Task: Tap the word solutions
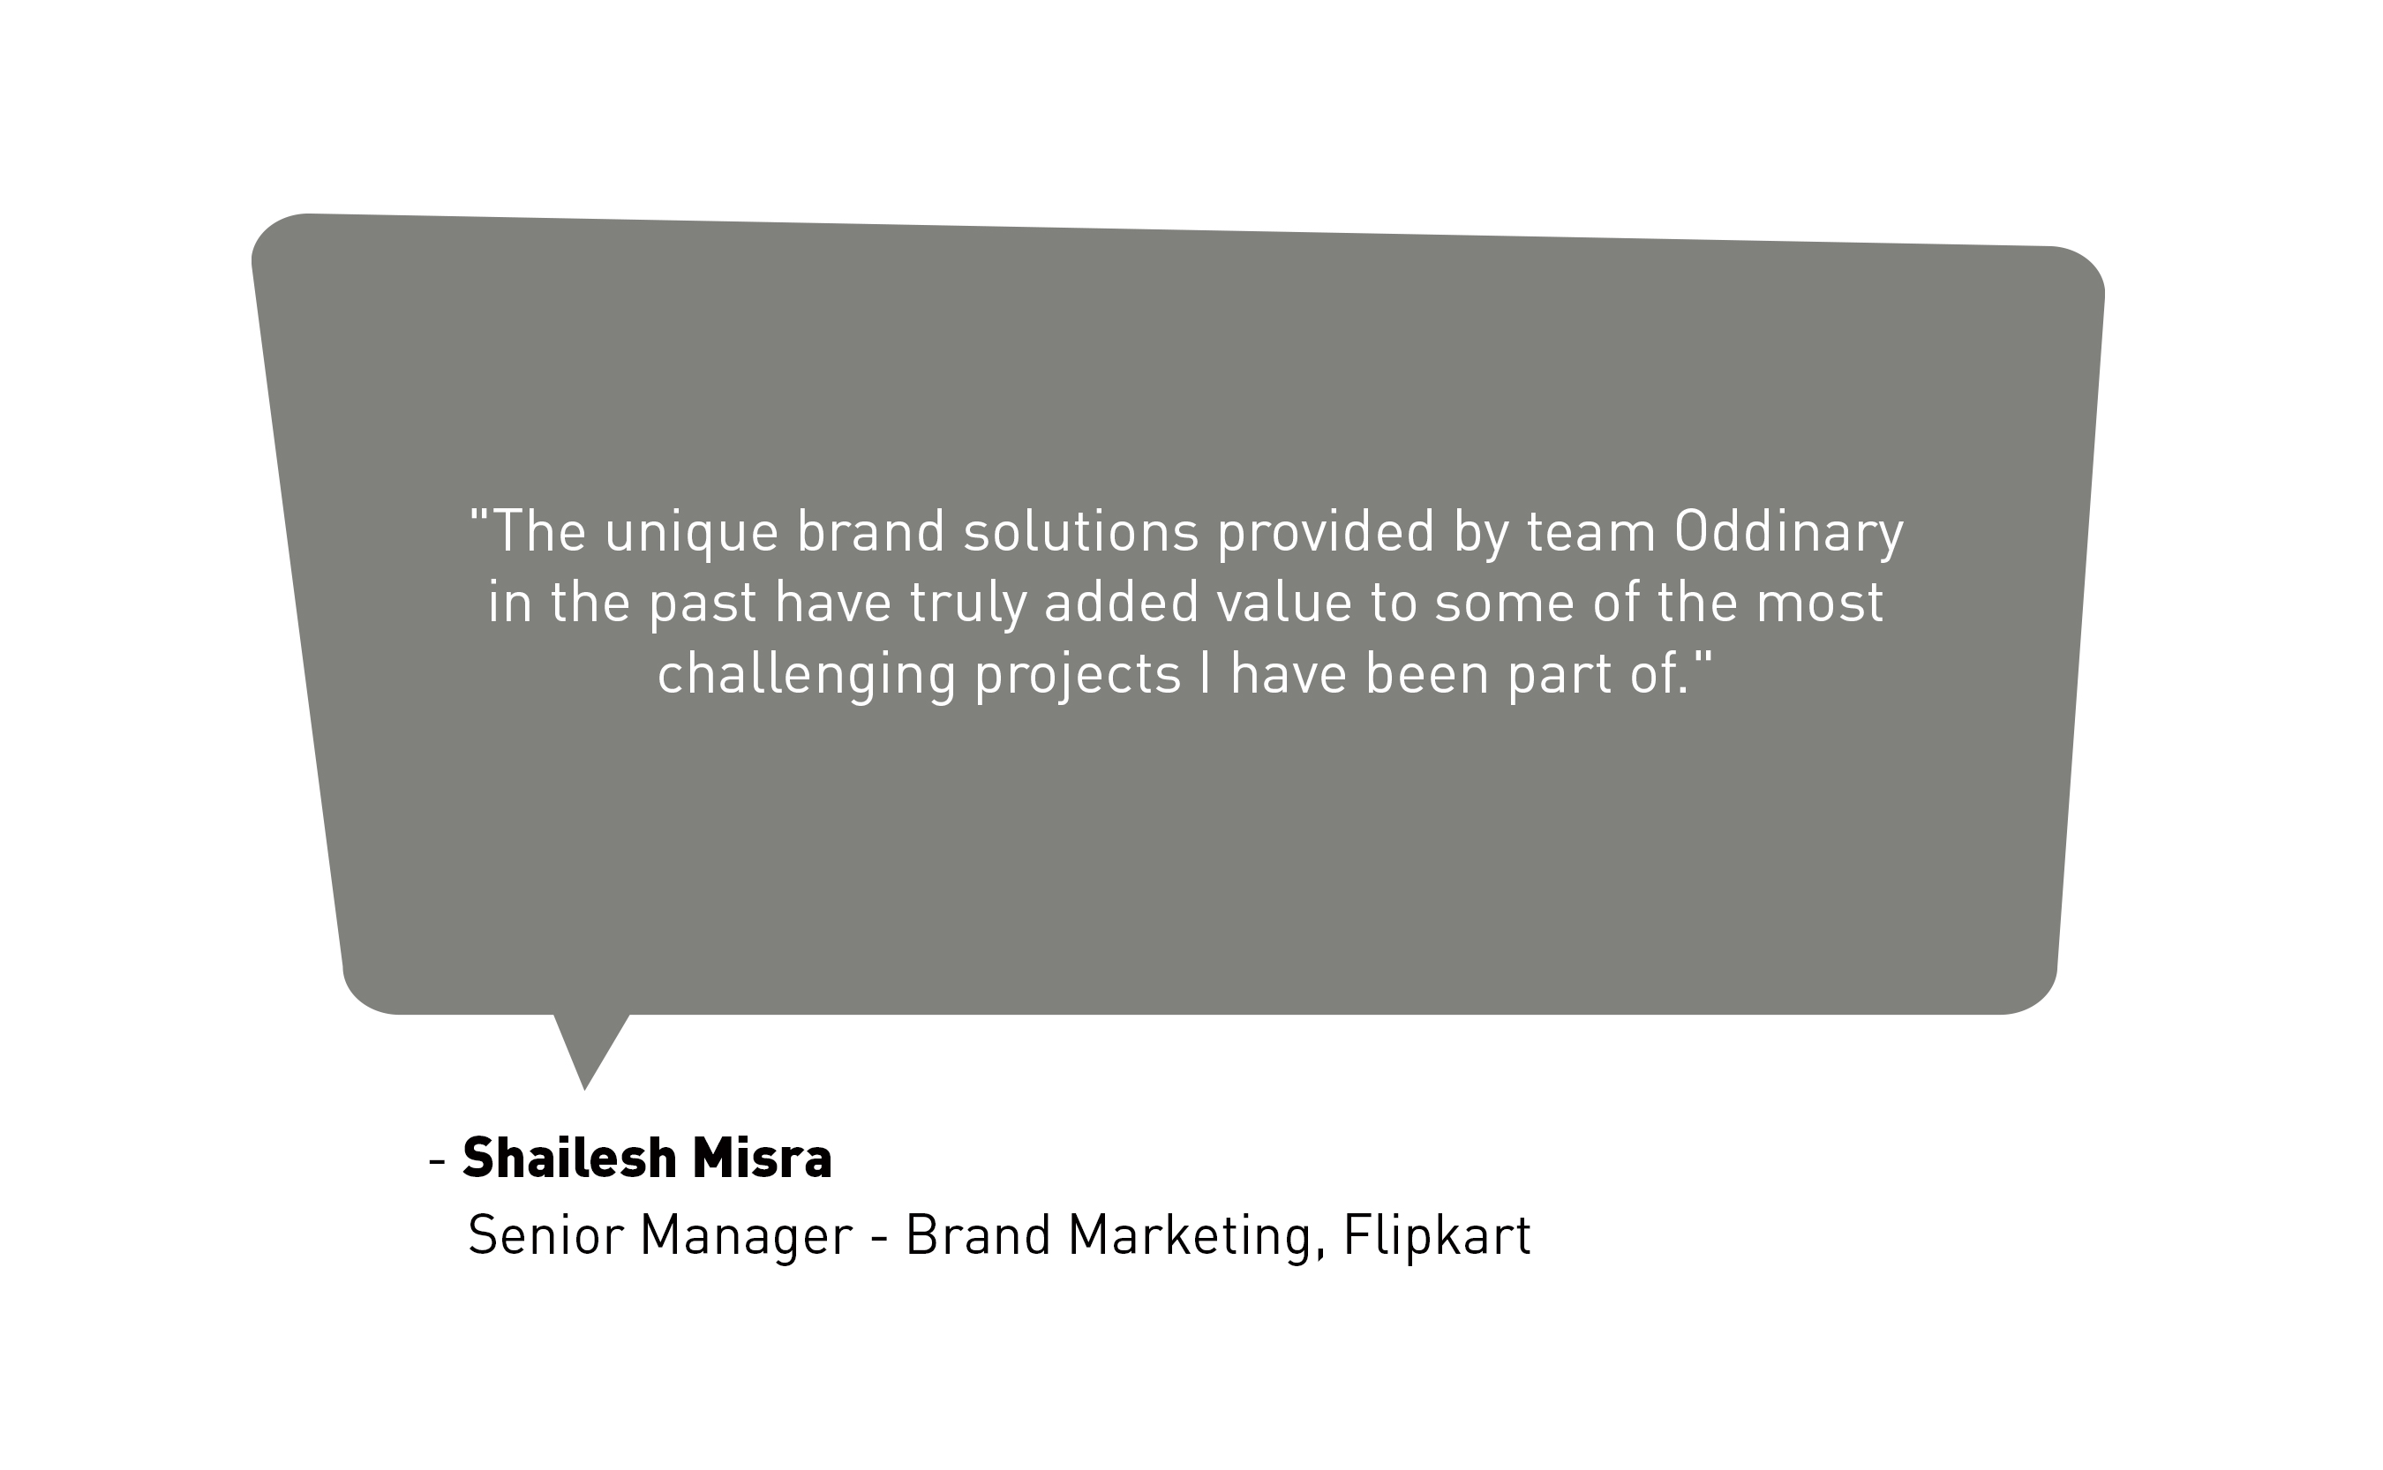click(x=1080, y=532)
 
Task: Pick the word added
click(x=1121, y=603)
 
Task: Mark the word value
click(x=1283, y=603)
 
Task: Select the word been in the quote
click(x=1427, y=674)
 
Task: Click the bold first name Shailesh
click(x=570, y=1158)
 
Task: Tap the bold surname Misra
click(x=763, y=1158)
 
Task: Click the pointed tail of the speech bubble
click(x=584, y=1090)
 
